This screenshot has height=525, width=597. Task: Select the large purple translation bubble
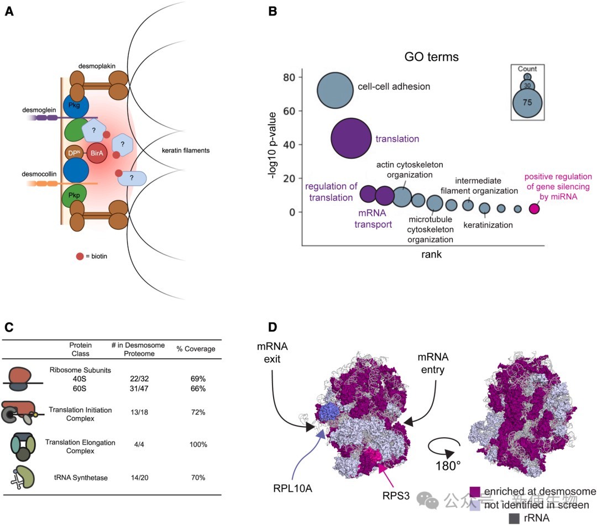click(350, 138)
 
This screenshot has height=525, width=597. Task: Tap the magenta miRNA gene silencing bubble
click(534, 209)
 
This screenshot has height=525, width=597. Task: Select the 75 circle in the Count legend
click(528, 103)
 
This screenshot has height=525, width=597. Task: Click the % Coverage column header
click(196, 349)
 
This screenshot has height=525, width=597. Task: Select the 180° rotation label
click(448, 465)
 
